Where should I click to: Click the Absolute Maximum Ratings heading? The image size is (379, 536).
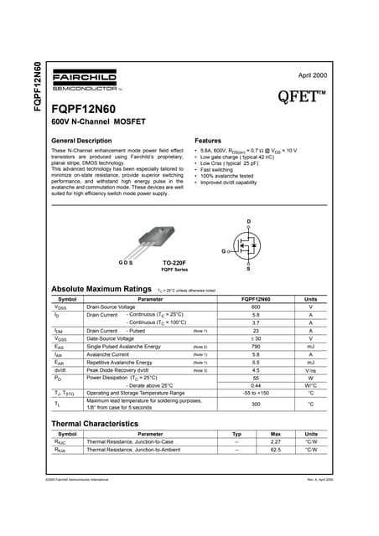point(101,289)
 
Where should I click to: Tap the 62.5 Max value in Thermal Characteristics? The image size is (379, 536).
point(275,450)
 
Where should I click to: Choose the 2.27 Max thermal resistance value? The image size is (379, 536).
point(275,441)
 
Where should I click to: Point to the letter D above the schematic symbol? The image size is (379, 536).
point(248,221)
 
